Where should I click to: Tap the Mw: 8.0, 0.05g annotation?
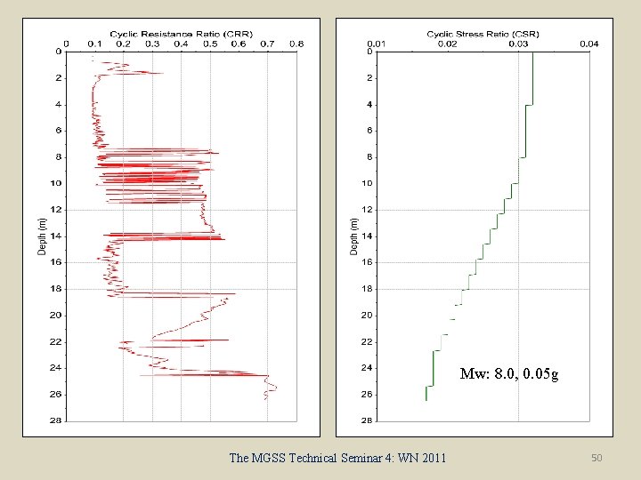click(x=509, y=374)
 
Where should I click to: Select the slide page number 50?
click(x=596, y=458)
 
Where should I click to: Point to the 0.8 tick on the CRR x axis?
click(x=296, y=43)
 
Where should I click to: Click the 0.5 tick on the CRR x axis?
click(x=209, y=43)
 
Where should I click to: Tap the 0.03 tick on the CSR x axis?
click(x=518, y=44)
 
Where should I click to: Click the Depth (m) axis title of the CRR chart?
click(x=42, y=236)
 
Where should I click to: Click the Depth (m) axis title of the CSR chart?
click(x=353, y=236)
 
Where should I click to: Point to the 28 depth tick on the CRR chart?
click(x=56, y=420)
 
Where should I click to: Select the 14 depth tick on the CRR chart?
click(x=56, y=236)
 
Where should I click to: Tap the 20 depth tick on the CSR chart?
click(x=366, y=316)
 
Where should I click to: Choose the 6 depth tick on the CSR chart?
click(x=368, y=131)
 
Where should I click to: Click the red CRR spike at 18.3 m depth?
click(x=233, y=293)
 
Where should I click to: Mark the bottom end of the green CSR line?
click(x=426, y=400)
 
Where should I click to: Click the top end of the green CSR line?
click(x=532, y=53)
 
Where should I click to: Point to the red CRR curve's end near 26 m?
click(x=265, y=399)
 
